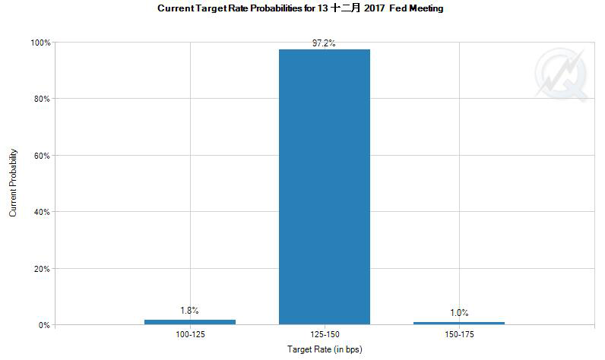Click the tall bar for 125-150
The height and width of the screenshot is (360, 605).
[325, 187]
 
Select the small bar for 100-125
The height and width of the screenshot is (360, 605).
[190, 322]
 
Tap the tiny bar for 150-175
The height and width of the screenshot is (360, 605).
[459, 323]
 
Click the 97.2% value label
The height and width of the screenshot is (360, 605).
[325, 43]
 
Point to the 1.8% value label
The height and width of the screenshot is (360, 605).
[190, 310]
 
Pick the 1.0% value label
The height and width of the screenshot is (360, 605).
[459, 312]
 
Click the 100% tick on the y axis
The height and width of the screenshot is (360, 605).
[40, 43]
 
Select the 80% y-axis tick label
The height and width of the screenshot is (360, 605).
[43, 99]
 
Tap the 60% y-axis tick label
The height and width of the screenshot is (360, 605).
[43, 156]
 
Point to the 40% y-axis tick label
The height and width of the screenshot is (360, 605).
[43, 212]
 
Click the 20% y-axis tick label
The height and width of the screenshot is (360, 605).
[43, 269]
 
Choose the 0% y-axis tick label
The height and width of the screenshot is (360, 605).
[45, 325]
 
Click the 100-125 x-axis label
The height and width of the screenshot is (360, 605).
[190, 333]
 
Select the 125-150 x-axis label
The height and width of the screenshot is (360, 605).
[325, 333]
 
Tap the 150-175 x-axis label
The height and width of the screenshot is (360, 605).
[459, 333]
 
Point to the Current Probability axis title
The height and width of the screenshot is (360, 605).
[13, 184]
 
